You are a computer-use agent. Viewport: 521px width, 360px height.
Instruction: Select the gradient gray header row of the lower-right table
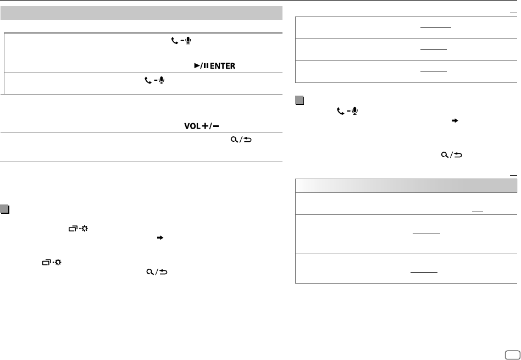406,185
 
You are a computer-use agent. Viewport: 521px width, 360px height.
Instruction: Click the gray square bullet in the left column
4,209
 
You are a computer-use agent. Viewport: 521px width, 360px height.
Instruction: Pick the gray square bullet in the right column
299,100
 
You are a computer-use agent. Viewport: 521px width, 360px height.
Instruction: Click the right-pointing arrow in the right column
454,119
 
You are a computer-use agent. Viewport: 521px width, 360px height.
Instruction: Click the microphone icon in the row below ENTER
160,80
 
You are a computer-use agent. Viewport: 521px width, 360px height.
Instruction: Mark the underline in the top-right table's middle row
433,50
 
